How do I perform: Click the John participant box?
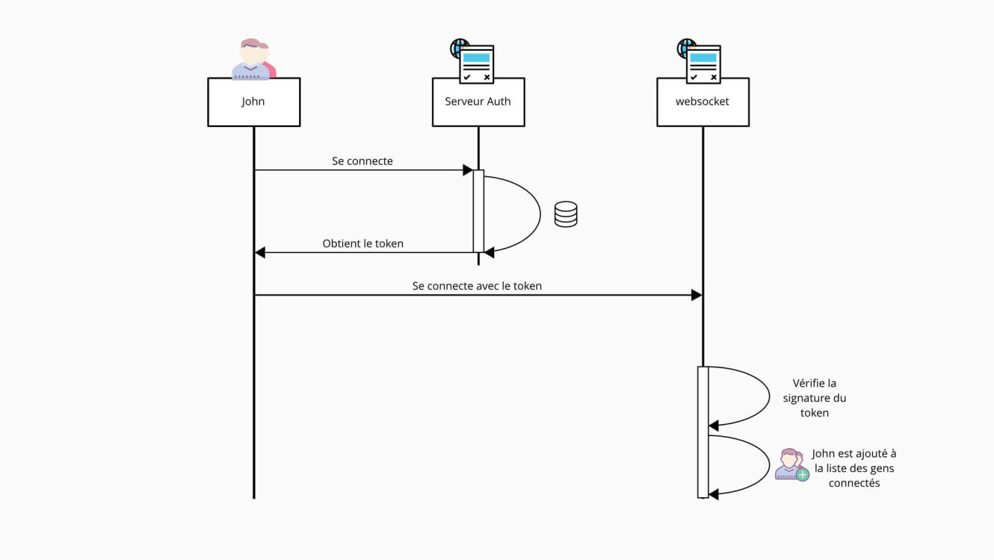(253, 102)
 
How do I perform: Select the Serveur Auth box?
(478, 102)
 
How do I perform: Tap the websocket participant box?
(703, 102)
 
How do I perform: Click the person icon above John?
(253, 59)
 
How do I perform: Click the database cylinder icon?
(566, 214)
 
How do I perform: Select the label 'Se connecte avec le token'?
(477, 286)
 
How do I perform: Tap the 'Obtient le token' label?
(362, 243)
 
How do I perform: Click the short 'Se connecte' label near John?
(362, 161)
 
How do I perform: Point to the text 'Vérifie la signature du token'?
(815, 398)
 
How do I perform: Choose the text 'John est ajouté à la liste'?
(854, 468)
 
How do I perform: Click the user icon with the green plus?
(791, 464)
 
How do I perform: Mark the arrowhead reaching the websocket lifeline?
(697, 295)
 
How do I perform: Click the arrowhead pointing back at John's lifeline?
(260, 252)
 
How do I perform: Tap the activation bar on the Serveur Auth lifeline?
(478, 211)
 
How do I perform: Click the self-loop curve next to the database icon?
(539, 214)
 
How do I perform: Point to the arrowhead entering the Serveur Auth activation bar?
(468, 170)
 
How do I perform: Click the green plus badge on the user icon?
(803, 475)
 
